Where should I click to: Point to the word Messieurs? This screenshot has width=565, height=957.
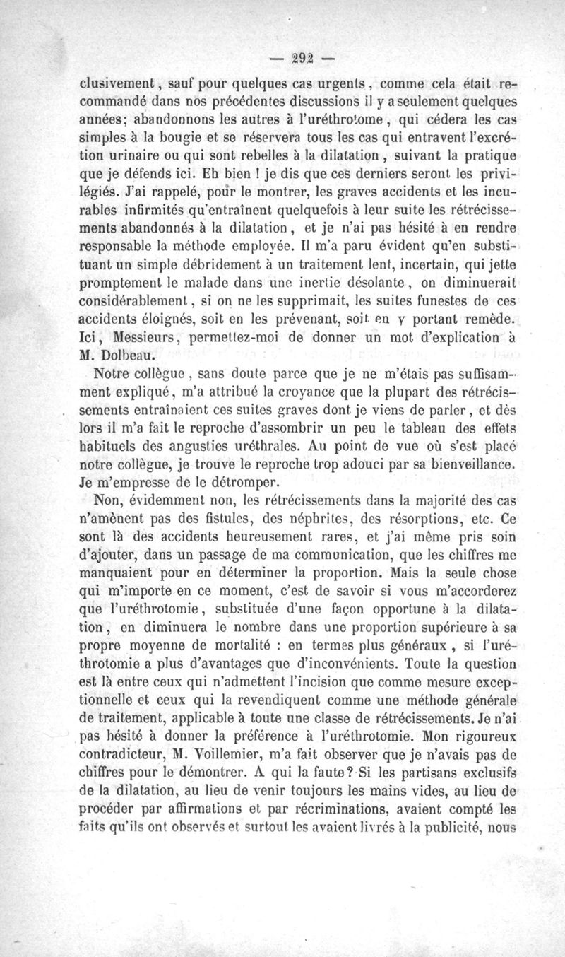(x=145, y=339)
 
